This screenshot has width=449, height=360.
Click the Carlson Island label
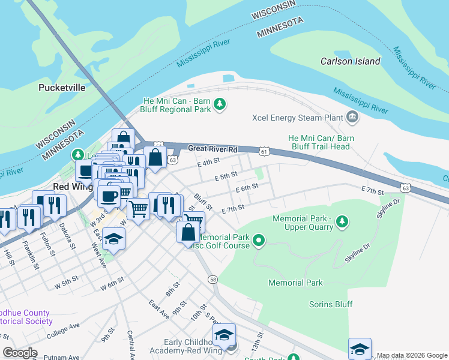pyautogui.click(x=350, y=61)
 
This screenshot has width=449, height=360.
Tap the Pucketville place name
pyautogui.click(x=62, y=88)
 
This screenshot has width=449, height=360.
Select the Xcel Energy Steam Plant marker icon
pyautogui.click(x=352, y=118)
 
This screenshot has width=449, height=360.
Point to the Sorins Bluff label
pyautogui.click(x=330, y=304)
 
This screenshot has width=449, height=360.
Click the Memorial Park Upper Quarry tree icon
pyautogui.click(x=342, y=223)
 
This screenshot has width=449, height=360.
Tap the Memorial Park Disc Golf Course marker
pyautogui.click(x=259, y=242)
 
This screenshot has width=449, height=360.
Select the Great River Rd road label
pyautogui.click(x=212, y=149)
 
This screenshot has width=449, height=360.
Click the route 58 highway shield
pyautogui.click(x=213, y=280)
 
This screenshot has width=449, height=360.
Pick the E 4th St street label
pyautogui.click(x=208, y=162)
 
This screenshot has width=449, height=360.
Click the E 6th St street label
pyautogui.click(x=247, y=187)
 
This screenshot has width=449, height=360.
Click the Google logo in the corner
pyautogui.click(x=20, y=353)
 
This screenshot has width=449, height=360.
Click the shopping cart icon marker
pyautogui.click(x=138, y=209)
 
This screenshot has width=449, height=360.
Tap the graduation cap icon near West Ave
pyautogui.click(x=113, y=239)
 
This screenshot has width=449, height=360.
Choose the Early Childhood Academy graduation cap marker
pyautogui.click(x=224, y=335)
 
